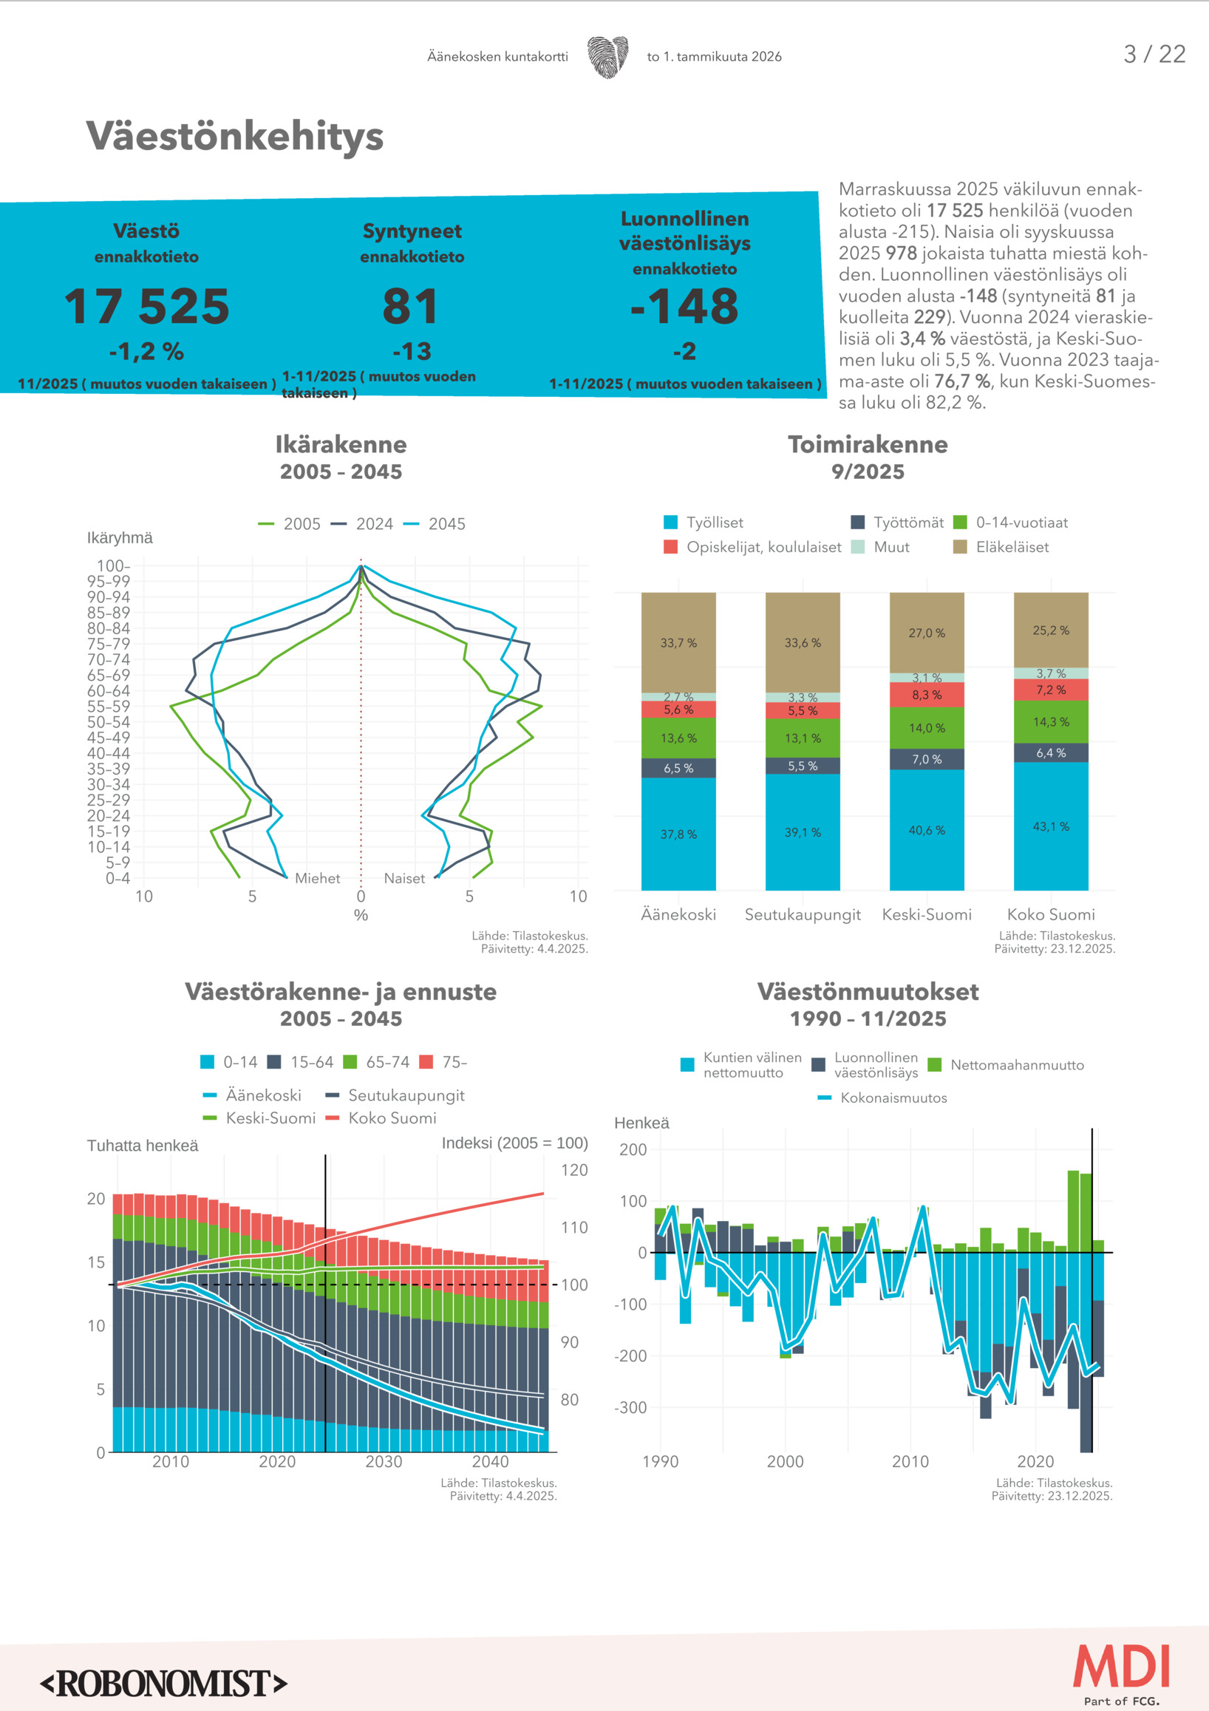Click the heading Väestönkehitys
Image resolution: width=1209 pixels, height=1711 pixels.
pos(235,137)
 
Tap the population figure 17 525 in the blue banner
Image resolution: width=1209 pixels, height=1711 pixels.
pos(147,306)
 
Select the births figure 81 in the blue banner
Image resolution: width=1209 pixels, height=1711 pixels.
pos(411,306)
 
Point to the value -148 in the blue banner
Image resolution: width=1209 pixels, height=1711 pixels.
pos(684,306)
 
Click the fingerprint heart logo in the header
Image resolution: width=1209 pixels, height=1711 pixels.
pos(607,57)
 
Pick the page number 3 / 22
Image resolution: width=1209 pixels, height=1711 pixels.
pos(1154,55)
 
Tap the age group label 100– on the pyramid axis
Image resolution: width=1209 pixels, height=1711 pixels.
pos(113,565)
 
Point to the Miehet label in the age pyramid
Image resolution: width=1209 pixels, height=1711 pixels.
pos(317,878)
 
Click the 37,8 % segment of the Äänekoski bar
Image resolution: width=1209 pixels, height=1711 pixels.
pos(678,834)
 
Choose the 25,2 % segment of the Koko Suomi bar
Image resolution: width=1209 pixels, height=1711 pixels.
pos(1050,630)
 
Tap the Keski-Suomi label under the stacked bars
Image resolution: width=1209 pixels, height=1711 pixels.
pos(927,914)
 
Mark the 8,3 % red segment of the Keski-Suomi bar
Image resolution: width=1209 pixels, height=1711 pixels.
pos(927,695)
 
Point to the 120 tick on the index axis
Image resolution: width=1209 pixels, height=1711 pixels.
pos(573,1170)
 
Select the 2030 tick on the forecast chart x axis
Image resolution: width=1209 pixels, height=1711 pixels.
pos(384,1461)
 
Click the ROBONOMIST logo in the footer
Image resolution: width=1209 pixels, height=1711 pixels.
pos(164,1684)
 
